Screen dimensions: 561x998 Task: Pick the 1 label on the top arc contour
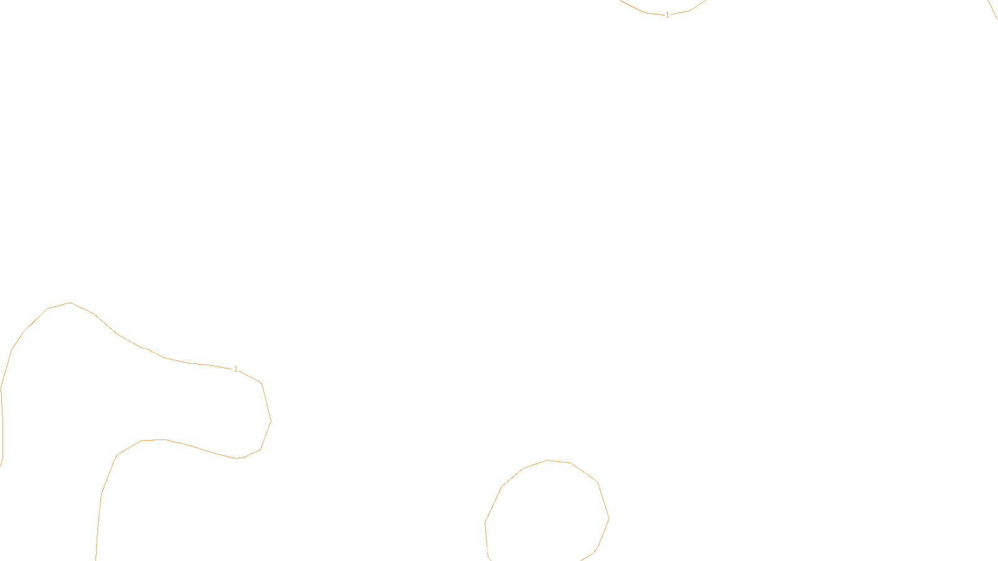click(x=667, y=14)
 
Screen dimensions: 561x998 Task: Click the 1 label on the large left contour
click(x=236, y=369)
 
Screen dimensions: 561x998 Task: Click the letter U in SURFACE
click(x=490, y=550)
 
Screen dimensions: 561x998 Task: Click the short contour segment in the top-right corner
click(x=993, y=9)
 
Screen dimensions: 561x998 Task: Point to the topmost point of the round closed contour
click(x=548, y=461)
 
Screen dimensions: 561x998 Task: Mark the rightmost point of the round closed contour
click(x=609, y=518)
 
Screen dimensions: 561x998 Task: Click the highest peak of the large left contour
click(x=70, y=303)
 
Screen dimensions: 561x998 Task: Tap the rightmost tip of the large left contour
click(x=271, y=421)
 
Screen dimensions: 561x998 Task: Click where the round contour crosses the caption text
click(x=487, y=550)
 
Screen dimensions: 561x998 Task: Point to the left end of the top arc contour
click(x=621, y=1)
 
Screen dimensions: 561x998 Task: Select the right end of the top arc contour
click(x=705, y=1)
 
